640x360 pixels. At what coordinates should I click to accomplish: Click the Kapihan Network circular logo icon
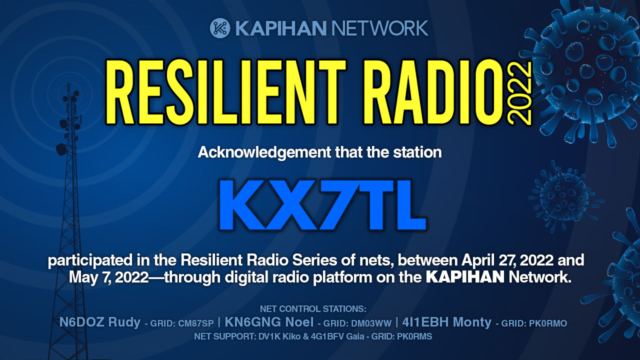click(220, 28)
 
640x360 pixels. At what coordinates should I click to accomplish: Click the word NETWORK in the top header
click(379, 28)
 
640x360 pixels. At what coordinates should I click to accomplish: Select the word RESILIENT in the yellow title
click(225, 92)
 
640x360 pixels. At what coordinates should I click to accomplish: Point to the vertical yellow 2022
click(519, 93)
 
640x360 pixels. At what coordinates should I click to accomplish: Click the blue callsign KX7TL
click(322, 204)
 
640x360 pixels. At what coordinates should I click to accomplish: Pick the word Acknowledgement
click(264, 152)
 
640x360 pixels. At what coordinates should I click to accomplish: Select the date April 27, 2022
click(507, 260)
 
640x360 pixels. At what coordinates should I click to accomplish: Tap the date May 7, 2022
click(108, 277)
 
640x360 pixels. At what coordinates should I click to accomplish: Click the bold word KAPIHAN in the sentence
click(465, 277)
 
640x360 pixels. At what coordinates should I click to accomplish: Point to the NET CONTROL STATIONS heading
click(313, 309)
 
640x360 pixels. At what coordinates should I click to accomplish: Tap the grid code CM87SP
click(195, 323)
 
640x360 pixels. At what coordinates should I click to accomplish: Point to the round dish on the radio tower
click(61, 149)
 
